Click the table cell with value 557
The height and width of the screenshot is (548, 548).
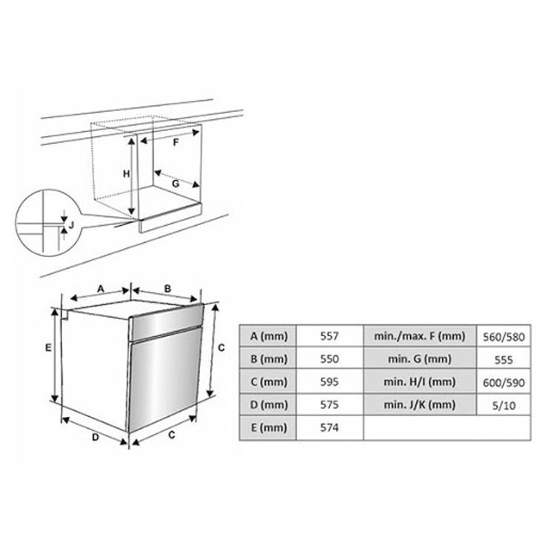330,336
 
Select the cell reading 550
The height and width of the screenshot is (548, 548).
330,359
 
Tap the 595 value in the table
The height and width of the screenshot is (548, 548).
330,381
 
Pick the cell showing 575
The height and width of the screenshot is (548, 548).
330,405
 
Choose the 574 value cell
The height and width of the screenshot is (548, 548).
330,427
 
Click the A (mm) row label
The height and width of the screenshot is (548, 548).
268,336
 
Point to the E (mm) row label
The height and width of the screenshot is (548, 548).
268,427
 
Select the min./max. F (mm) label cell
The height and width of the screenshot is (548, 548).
420,336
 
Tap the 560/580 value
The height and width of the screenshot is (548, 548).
504,337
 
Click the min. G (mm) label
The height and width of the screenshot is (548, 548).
420,359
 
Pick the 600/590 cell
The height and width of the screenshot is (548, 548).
504,382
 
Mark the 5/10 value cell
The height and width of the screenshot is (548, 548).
504,405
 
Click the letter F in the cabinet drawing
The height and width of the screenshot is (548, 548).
176,142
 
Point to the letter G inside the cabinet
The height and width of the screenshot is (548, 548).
176,184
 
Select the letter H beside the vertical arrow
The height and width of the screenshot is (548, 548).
126,174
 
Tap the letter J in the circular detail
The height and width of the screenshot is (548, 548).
71,224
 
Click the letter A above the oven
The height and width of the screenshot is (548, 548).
101,289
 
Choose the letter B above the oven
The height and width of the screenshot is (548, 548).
168,289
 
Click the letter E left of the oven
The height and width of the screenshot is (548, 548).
48,347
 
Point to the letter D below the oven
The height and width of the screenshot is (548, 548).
96,437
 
